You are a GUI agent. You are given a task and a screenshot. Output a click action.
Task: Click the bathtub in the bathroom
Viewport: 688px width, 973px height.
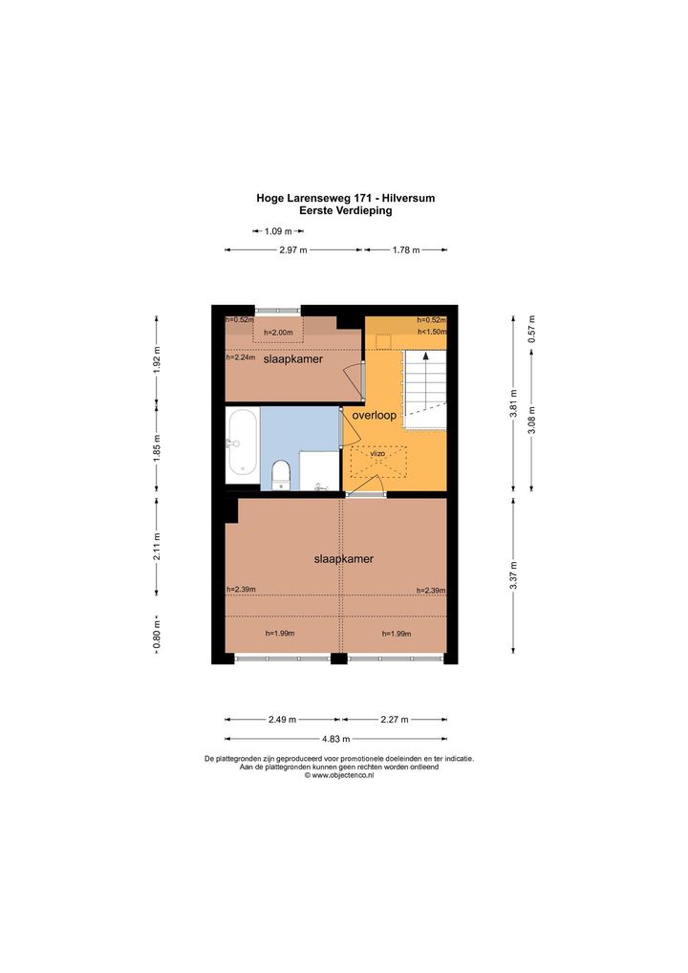pos(242,445)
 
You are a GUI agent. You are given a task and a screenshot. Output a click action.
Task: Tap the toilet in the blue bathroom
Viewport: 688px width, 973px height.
pos(281,475)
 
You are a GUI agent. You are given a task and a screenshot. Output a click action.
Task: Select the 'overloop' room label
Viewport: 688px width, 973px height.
pos(374,415)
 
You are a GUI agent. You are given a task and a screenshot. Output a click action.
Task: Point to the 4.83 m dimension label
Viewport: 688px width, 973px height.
pos(335,739)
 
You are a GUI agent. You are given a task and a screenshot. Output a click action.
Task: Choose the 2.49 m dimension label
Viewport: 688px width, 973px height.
pos(282,719)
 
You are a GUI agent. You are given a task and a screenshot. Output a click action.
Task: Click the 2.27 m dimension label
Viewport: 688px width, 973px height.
pos(395,719)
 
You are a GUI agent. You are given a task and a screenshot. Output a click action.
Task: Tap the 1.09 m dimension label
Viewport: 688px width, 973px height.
pos(278,231)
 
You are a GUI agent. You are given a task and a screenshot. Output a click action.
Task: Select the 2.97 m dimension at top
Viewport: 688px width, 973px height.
pos(293,250)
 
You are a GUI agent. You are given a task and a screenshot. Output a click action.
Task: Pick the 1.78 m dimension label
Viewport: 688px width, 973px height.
pos(406,250)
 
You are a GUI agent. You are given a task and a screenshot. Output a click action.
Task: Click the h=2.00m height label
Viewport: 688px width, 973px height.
pos(278,333)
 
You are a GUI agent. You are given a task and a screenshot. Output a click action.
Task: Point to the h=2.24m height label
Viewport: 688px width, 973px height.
pos(241,357)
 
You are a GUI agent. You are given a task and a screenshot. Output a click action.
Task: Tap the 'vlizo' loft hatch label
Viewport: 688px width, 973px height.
pos(377,454)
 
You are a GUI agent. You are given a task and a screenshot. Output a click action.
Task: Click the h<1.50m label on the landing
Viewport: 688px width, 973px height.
pos(432,332)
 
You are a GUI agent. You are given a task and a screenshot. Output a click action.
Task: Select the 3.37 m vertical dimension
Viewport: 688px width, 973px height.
pos(514,575)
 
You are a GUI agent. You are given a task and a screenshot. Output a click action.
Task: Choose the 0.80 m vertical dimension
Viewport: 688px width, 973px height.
pos(157,634)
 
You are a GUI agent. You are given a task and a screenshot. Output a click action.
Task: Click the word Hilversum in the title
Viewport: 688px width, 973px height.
pos(408,199)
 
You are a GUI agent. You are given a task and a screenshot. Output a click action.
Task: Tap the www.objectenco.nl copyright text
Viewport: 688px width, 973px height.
pos(338,775)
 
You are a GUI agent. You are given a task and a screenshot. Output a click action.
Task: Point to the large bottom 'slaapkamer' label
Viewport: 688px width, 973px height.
pos(344,559)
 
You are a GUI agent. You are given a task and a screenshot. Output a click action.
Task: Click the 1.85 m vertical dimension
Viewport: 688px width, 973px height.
pos(157,446)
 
